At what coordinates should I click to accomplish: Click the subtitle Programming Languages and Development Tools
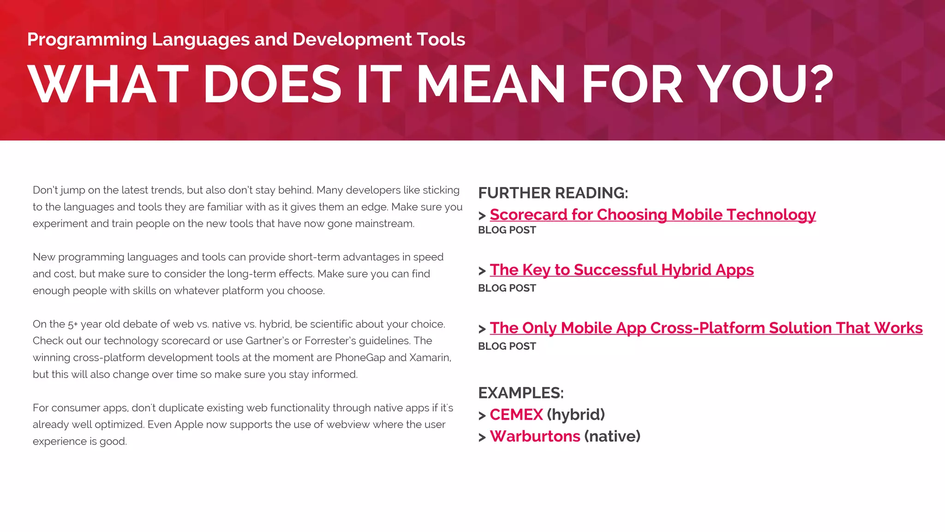[246, 40]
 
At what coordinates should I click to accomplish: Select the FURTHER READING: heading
[553, 193]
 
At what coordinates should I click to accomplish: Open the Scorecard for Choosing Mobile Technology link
[652, 215]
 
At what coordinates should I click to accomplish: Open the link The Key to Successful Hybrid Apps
[622, 270]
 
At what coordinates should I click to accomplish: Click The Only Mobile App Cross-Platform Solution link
[706, 328]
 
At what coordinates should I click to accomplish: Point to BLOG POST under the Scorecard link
[507, 230]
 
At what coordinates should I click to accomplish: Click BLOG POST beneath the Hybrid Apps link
[507, 288]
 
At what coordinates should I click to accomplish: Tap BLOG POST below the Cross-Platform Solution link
[507, 346]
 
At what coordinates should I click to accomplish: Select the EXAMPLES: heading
[520, 393]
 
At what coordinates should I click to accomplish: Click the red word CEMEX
[516, 415]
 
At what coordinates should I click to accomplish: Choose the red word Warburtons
[535, 436]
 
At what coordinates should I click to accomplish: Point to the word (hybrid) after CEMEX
[575, 415]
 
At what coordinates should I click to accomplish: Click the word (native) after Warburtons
[612, 436]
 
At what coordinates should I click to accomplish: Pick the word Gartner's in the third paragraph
[267, 341]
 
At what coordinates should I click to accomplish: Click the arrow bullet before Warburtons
[482, 437]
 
